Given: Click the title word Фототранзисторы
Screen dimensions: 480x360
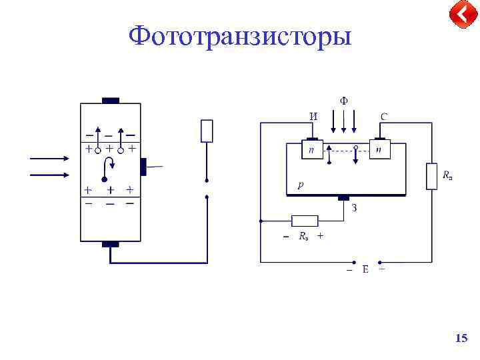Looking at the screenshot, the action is pyautogui.click(x=240, y=36).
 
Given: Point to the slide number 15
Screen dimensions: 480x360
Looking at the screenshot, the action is pyautogui.click(x=461, y=339).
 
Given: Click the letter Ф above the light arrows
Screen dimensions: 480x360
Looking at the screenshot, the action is pyautogui.click(x=343, y=101).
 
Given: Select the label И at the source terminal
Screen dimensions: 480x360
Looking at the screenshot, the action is pyautogui.click(x=313, y=117).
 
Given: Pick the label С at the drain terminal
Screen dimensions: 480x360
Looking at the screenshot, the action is pyautogui.click(x=385, y=117).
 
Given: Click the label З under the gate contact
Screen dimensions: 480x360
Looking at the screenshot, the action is pyautogui.click(x=355, y=208).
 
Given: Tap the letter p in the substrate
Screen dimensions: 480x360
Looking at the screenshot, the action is pyautogui.click(x=301, y=185).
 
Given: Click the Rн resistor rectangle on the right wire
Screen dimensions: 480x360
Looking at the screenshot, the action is pyautogui.click(x=431, y=176).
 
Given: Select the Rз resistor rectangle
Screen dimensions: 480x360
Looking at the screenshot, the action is pyautogui.click(x=305, y=221).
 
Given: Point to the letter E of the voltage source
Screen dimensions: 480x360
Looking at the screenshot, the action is pyautogui.click(x=365, y=269).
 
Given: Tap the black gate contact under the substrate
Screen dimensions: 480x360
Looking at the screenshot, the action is pyautogui.click(x=343, y=198).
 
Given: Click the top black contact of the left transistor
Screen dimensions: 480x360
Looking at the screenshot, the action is pyautogui.click(x=111, y=101).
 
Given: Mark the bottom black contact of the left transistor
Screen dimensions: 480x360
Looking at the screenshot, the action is pyautogui.click(x=111, y=244).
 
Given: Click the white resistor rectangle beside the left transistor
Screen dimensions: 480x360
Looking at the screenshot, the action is pyautogui.click(x=207, y=131).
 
